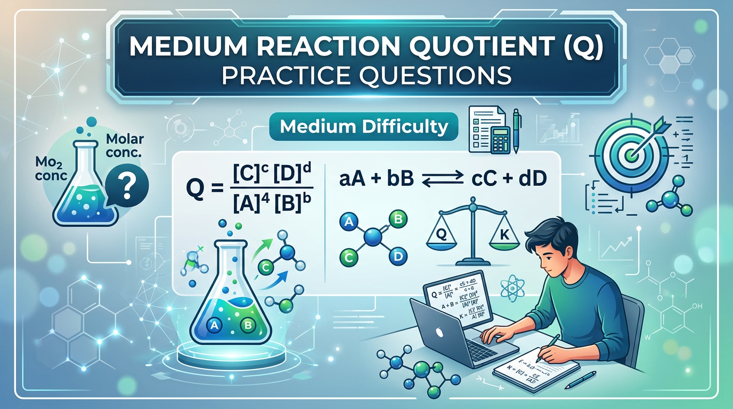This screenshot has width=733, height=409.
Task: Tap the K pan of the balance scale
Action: pyautogui.click(x=504, y=235)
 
